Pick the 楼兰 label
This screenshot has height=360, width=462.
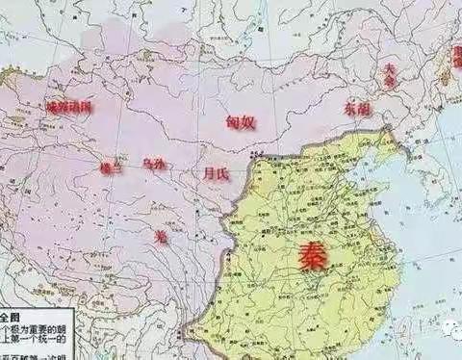pos(110,167)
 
